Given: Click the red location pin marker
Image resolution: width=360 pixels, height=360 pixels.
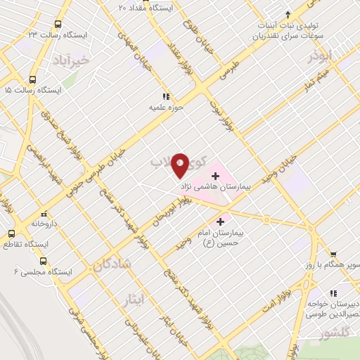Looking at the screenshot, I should click(x=180, y=165).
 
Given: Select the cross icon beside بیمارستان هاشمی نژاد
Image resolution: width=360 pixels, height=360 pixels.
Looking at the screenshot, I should click(x=215, y=174).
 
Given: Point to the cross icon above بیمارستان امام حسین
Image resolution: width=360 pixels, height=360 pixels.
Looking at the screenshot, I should click(x=220, y=221).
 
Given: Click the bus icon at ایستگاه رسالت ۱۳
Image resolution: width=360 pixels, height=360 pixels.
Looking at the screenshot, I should click(x=57, y=22).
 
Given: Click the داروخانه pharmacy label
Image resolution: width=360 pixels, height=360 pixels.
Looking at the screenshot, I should click(x=44, y=223).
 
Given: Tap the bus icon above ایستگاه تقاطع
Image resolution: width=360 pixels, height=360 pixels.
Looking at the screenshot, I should click(x=11, y=233).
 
